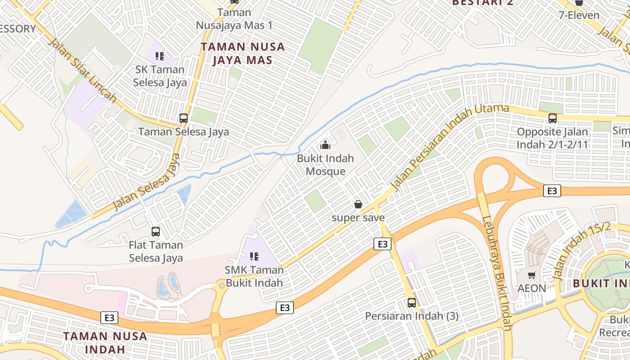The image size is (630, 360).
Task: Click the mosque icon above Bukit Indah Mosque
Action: [325, 145]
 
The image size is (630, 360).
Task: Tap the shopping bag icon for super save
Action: [358, 205]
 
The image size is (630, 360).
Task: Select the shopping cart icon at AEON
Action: [532, 274]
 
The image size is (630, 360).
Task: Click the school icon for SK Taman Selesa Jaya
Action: [160, 56]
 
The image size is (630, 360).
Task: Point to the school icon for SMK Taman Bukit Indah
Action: [254, 256]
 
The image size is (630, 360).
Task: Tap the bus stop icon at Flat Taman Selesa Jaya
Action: [156, 232]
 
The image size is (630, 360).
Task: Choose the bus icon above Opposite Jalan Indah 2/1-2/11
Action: [553, 118]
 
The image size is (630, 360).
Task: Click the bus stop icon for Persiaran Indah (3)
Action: [411, 302]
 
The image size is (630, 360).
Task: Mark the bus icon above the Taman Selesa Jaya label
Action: [184, 118]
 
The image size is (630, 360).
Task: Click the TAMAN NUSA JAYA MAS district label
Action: [243, 53]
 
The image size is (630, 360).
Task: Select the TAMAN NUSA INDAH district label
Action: [105, 342]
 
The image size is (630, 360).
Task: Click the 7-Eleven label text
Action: [579, 15]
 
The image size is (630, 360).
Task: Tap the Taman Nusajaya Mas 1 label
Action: [234, 18]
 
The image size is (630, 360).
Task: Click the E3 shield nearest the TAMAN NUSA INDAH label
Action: [109, 318]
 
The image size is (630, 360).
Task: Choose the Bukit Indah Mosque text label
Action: [325, 165]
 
